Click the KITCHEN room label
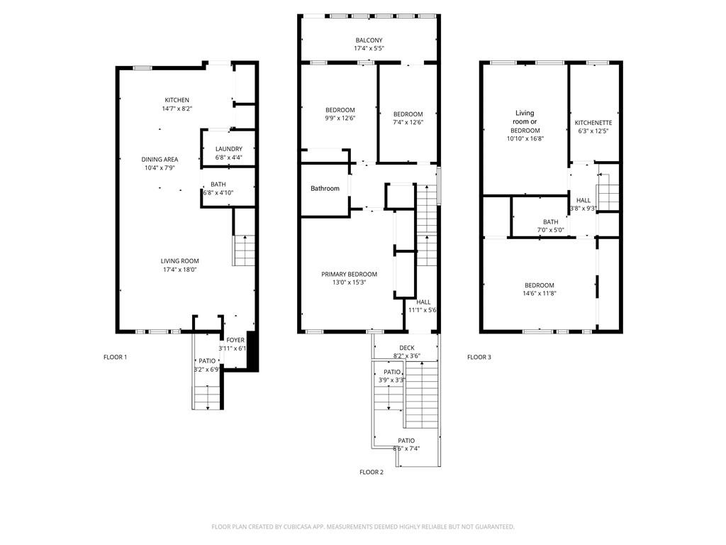point(177,100)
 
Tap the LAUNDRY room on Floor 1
point(228,149)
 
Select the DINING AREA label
point(160,160)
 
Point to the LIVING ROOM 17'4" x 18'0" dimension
point(179,270)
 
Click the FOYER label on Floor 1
point(235,341)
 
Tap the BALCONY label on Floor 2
point(369,40)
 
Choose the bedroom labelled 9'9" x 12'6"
point(340,110)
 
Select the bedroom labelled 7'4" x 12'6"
point(408,114)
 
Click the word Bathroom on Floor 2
point(325,189)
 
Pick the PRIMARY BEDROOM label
point(349,275)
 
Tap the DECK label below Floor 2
point(407,348)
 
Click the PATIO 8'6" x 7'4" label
point(406,441)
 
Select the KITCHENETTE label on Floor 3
point(593,123)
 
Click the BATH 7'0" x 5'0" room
point(550,222)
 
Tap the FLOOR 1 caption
point(115,357)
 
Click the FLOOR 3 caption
point(479,357)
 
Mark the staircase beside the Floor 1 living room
point(243,250)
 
